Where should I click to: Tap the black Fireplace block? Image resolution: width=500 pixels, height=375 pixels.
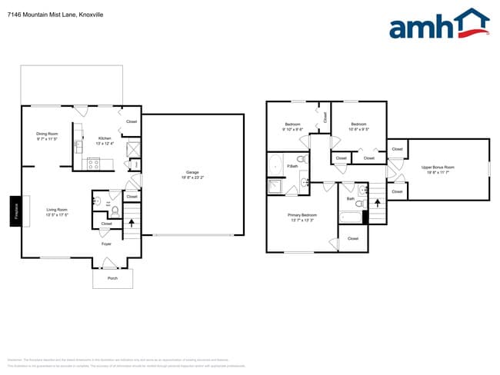point(14,211)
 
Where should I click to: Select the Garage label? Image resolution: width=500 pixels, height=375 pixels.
point(192,171)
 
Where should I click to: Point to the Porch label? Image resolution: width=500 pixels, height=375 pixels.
point(112,278)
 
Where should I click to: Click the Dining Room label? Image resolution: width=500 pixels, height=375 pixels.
point(47,134)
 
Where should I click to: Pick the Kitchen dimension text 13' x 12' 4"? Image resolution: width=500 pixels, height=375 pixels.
point(105,144)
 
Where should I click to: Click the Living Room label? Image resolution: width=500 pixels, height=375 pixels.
point(57,209)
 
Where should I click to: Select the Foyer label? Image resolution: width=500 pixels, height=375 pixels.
point(107,244)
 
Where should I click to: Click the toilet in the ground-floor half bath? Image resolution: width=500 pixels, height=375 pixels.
point(114,211)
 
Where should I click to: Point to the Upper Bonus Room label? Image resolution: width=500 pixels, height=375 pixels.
point(438,167)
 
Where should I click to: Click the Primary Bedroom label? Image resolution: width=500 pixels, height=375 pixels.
point(302,214)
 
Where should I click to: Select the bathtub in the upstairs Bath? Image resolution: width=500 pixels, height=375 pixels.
point(349,216)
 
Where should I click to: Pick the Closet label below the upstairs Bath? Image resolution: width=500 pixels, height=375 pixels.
point(353,239)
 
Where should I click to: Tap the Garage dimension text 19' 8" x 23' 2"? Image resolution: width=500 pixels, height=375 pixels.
point(192,177)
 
